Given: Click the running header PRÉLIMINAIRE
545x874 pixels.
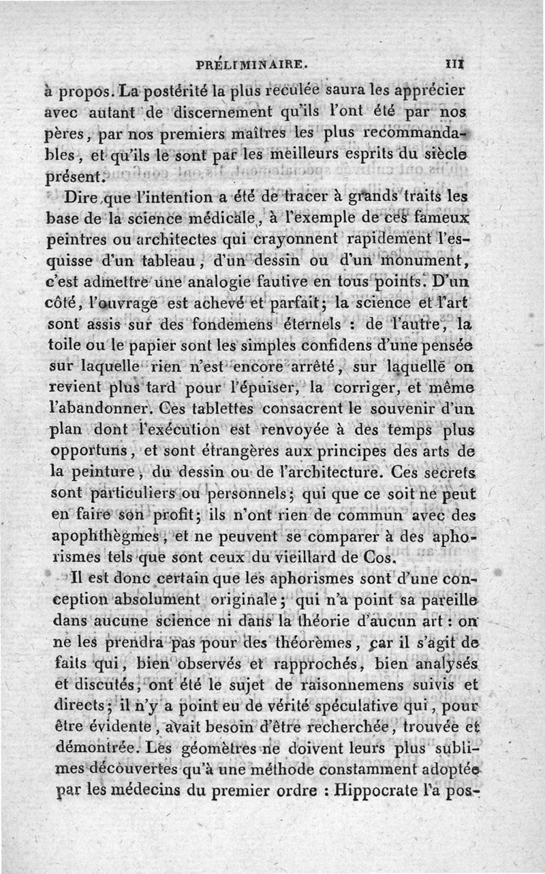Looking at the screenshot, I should click(251, 67).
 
